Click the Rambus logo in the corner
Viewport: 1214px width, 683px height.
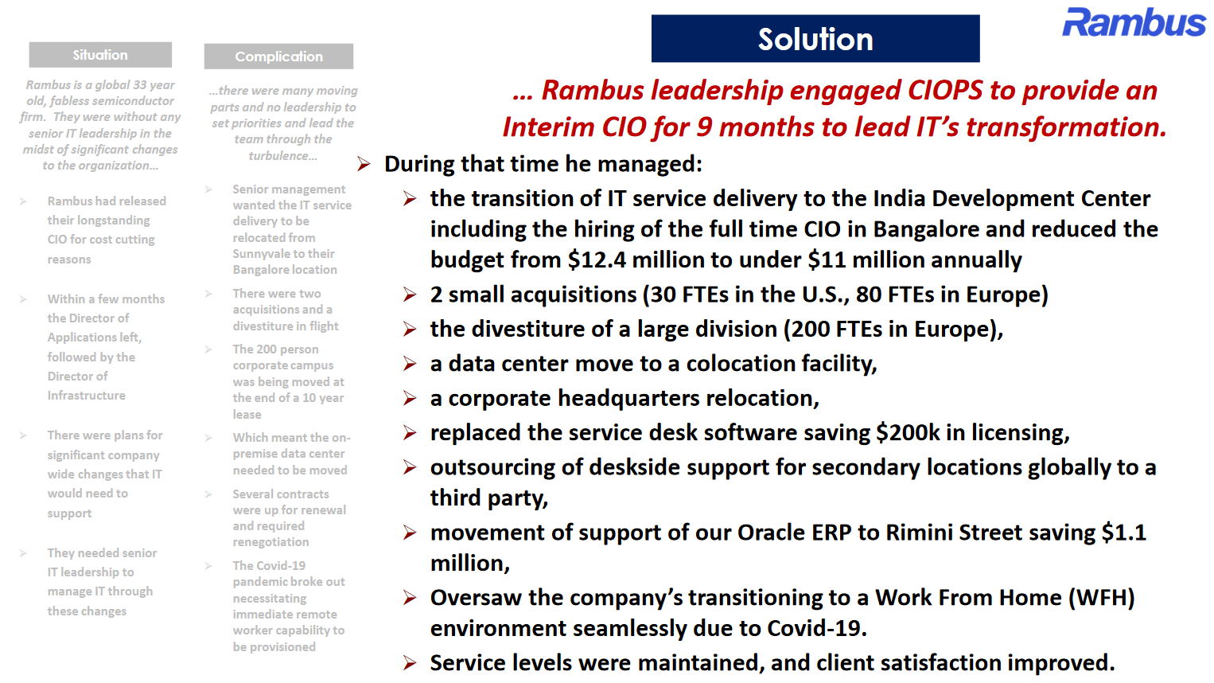click(x=1134, y=23)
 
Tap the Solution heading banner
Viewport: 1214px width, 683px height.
click(x=815, y=38)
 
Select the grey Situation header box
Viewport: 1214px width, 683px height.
click(x=100, y=55)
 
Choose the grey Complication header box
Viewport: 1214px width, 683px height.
click(x=278, y=57)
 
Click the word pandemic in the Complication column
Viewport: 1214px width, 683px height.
click(x=258, y=582)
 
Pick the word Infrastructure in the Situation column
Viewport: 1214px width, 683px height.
click(x=86, y=396)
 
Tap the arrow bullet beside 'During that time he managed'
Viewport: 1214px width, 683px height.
click(x=364, y=164)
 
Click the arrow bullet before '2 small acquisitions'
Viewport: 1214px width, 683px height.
click(x=410, y=295)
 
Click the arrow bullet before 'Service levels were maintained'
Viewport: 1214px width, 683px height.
click(x=410, y=663)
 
